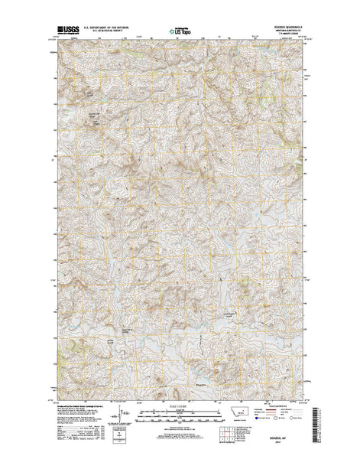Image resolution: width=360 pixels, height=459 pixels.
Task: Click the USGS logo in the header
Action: point(66,32)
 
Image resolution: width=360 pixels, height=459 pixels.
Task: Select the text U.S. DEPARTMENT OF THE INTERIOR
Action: point(112,30)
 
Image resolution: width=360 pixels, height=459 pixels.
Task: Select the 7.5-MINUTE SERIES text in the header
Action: point(283,37)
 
